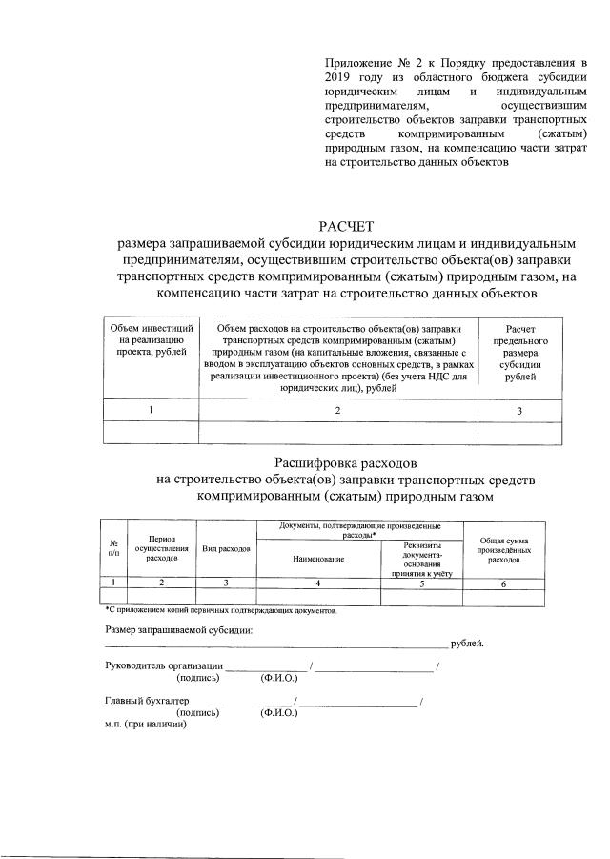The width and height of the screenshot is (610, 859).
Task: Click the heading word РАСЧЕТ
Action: [x=347, y=226]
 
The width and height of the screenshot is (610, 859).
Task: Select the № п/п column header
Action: [x=113, y=547]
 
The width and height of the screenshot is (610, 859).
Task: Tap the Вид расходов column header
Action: [x=226, y=549]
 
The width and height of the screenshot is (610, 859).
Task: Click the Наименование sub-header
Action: [x=317, y=558]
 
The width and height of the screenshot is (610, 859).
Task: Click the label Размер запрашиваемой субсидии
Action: [x=178, y=629]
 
